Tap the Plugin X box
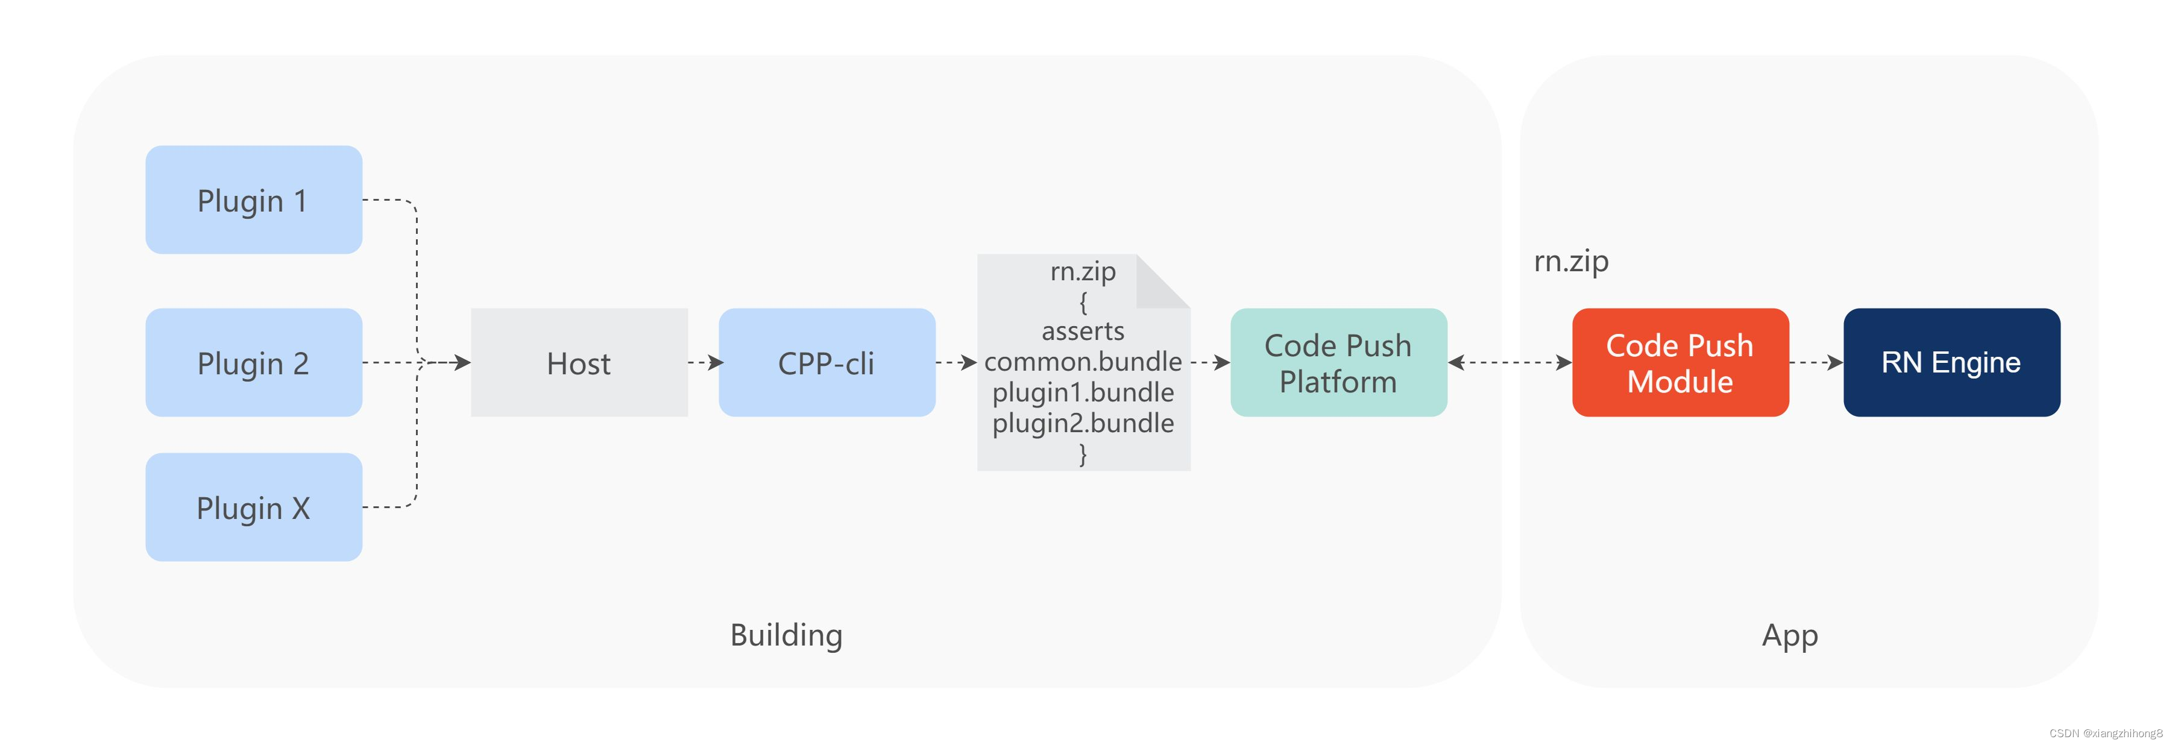(253, 508)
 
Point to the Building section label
(786, 635)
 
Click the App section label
(1789, 635)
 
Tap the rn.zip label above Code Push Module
(1570, 261)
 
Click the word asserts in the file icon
(1083, 331)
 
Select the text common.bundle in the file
(1083, 362)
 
